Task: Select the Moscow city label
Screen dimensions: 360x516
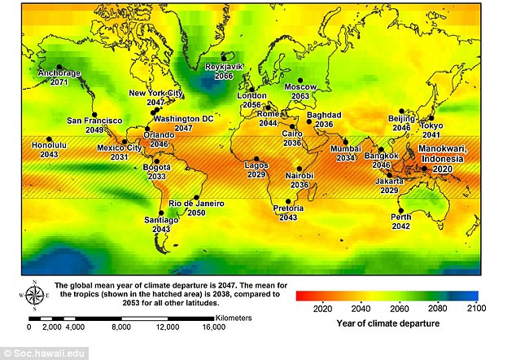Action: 300,86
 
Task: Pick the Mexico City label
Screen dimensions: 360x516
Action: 120,147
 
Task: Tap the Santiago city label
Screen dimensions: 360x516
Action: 160,220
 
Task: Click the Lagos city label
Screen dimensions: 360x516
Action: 256,165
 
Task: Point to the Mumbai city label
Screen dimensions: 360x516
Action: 346,148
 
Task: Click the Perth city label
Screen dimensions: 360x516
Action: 400,217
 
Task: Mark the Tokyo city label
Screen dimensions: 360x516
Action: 431,125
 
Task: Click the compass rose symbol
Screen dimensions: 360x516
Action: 35,294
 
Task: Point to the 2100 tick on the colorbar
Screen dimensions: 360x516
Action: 476,308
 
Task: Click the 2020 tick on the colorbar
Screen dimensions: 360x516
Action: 322,308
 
